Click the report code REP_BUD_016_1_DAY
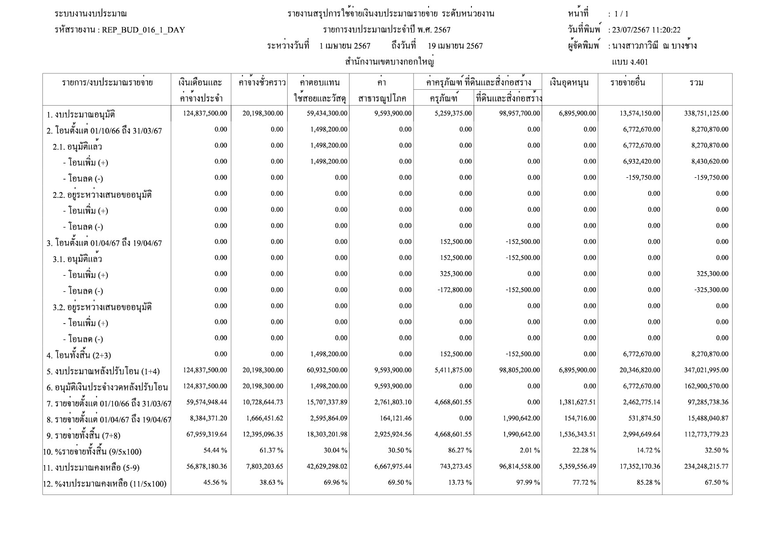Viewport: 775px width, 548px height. pos(143,30)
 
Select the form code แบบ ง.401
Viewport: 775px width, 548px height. pos(630,62)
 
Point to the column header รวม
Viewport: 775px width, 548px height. pos(696,83)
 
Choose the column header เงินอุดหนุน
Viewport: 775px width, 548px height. pos(570,83)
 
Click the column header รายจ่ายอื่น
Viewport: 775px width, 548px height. pos(628,83)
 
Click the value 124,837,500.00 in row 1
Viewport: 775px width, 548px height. pos(205,114)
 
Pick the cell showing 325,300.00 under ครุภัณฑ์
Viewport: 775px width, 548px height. pos(456,274)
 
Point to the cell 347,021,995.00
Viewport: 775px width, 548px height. pos(706,370)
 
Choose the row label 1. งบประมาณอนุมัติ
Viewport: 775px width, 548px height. pos(81,115)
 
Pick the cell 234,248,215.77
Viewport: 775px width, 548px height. pos(706,466)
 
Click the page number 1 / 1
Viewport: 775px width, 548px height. pos(621,14)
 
